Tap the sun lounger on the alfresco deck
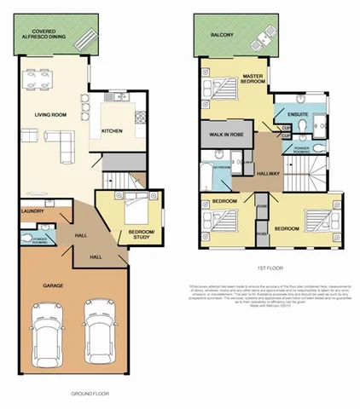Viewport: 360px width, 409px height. (85, 39)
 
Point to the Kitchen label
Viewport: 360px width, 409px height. (112, 130)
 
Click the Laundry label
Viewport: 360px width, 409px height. (21, 210)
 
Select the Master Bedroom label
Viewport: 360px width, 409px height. (252, 78)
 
